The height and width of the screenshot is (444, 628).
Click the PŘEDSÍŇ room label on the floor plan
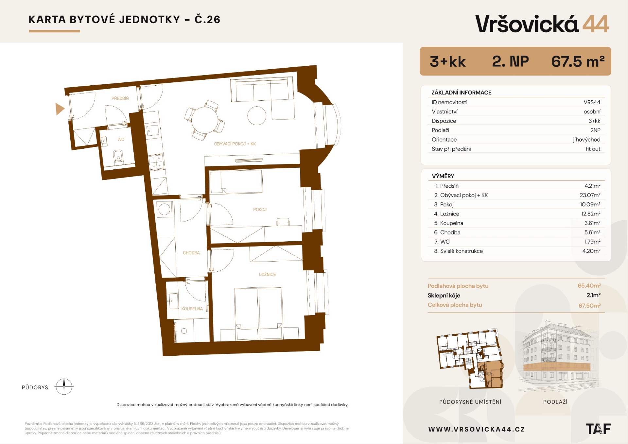(120, 98)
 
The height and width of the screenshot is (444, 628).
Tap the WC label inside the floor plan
(121, 140)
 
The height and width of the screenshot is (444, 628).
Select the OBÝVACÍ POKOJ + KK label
(235, 144)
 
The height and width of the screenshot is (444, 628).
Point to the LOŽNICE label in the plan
(267, 275)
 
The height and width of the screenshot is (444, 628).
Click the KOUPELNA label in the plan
(192, 309)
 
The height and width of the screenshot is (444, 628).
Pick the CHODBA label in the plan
(191, 253)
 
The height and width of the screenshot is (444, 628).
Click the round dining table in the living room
(205, 120)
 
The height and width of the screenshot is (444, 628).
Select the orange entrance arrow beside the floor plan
(60, 109)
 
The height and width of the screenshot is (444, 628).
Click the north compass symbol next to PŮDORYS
(64, 387)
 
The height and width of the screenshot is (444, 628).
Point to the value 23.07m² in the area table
(590, 195)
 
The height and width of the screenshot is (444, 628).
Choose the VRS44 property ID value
(592, 102)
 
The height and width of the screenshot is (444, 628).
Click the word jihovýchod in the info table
(586, 140)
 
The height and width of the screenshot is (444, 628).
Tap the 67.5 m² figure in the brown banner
(578, 61)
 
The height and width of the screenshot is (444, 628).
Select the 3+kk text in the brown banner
(447, 61)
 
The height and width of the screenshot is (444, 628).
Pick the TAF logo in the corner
(598, 429)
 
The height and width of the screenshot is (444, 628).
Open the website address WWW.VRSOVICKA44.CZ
(477, 429)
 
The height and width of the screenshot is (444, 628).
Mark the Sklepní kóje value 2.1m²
(593, 295)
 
